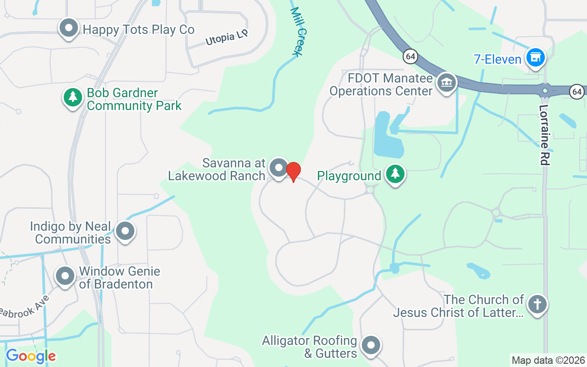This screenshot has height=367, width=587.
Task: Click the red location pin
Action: point(293,171)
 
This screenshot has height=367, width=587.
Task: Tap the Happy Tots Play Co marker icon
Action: point(69,28)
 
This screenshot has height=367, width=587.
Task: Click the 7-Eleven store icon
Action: point(535,58)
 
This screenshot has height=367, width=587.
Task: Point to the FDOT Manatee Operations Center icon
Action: point(446,83)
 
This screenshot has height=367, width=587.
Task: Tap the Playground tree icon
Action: point(395,174)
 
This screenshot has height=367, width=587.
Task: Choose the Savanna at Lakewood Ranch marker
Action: point(278,168)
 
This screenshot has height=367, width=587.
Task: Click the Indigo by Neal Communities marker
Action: point(125,232)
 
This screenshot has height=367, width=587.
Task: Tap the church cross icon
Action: point(537,305)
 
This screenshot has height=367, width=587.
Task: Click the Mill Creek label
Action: point(298,32)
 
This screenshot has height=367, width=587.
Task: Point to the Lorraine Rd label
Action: point(544,135)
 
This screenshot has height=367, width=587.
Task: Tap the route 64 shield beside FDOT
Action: point(410,57)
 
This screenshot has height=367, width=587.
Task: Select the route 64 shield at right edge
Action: point(577,91)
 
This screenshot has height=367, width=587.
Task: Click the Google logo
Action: point(31,356)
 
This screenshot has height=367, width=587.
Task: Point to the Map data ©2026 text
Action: point(548,360)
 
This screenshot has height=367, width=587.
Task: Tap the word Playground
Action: point(349,176)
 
